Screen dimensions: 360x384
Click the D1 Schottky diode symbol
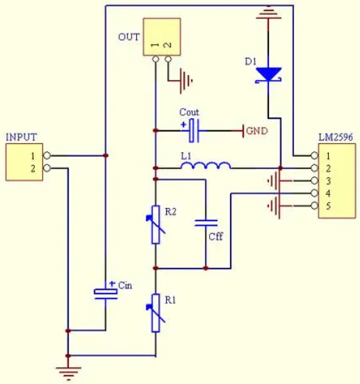click(x=268, y=74)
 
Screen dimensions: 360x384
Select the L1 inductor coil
click(x=206, y=166)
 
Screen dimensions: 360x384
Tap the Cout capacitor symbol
click(x=194, y=131)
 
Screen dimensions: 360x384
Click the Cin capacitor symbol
click(x=106, y=294)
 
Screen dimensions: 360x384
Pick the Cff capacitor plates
click(x=206, y=223)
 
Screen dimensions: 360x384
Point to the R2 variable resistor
click(x=156, y=225)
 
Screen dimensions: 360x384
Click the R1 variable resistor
click(x=156, y=313)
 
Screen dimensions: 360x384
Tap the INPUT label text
click(x=22, y=137)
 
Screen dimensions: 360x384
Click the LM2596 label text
click(x=336, y=137)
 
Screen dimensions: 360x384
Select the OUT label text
click(x=129, y=37)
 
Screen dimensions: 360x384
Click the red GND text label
click(x=257, y=131)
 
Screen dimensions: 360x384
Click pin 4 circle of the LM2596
click(x=315, y=193)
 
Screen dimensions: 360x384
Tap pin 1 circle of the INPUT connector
click(x=47, y=156)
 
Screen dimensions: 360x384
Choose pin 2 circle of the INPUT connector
click(x=47, y=168)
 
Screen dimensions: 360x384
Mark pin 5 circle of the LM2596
click(x=315, y=206)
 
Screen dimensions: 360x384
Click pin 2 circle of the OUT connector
click(x=168, y=59)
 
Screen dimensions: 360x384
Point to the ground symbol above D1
click(x=268, y=13)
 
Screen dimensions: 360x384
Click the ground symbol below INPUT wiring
click(x=68, y=374)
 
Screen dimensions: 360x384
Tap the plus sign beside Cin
click(x=112, y=284)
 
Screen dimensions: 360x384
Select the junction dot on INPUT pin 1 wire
click(x=106, y=156)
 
